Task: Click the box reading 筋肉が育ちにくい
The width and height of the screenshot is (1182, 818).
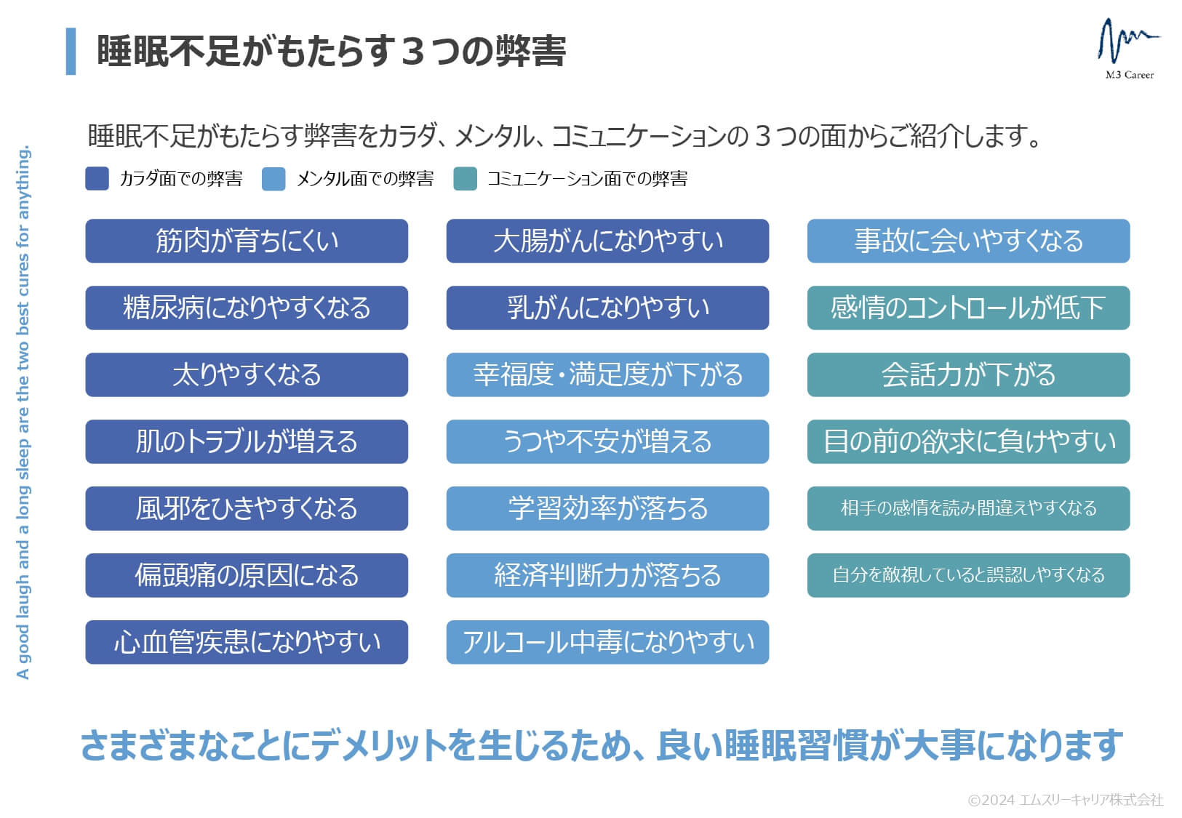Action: coord(247,241)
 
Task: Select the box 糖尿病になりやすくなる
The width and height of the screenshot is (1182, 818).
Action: coord(247,308)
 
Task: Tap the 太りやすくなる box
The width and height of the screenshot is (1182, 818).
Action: coord(247,375)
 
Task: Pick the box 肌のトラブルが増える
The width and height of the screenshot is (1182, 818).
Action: coord(247,442)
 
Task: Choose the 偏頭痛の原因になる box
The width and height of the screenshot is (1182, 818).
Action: coord(247,575)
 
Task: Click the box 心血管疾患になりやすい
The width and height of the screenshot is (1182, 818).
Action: coord(247,642)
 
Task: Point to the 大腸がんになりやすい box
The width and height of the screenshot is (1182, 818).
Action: coord(607,241)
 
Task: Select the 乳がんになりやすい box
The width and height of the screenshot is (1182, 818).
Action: coord(607,308)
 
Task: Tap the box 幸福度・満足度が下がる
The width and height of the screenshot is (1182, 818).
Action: coord(607,375)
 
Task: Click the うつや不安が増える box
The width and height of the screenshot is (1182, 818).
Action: coord(607,442)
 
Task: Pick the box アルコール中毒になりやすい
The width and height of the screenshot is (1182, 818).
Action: coord(607,642)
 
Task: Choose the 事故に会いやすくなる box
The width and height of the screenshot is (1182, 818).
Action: coord(968,241)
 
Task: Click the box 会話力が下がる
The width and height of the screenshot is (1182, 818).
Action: coord(968,375)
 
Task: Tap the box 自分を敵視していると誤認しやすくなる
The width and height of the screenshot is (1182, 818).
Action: coord(968,575)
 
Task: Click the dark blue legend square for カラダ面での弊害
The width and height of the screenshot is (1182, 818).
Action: coord(97,178)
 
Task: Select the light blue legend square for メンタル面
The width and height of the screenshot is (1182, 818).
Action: coord(273,178)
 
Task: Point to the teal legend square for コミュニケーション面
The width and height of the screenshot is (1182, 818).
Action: coord(465,178)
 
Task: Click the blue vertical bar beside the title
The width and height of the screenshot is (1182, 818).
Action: coord(71,51)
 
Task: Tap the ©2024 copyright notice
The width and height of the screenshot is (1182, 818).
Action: coord(1066,800)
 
